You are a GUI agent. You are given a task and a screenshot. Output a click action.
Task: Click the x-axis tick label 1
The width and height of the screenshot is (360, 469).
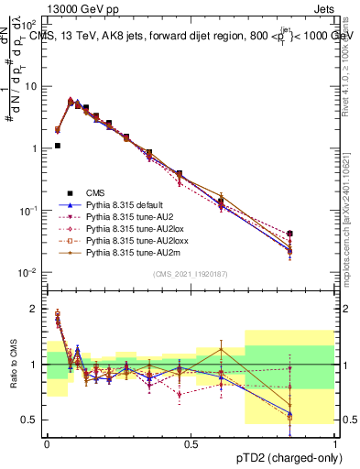[334, 444]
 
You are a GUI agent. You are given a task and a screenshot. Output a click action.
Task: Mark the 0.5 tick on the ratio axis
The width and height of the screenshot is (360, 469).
[31, 420]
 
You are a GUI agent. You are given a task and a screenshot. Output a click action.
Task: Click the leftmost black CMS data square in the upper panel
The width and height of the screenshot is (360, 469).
[57, 145]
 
